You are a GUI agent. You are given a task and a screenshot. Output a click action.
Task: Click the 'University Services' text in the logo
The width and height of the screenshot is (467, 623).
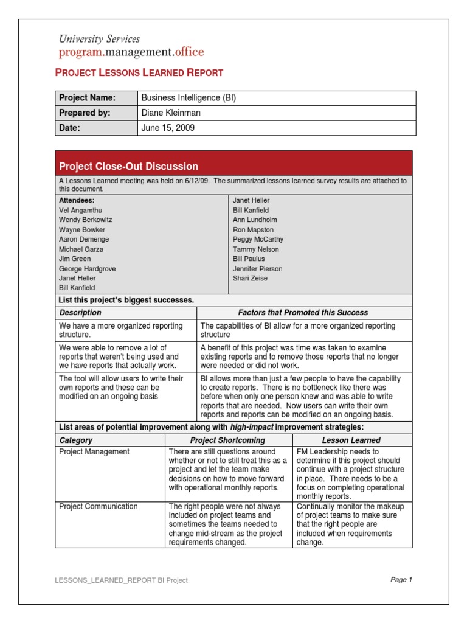pyautogui.click(x=99, y=39)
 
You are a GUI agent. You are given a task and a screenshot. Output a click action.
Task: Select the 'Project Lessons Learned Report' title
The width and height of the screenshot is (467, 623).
pyautogui.click(x=139, y=72)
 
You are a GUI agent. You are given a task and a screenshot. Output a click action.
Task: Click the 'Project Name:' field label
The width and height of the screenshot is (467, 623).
pyautogui.click(x=87, y=98)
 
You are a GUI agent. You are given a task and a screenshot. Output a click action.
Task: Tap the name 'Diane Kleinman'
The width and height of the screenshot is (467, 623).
pyautogui.click(x=170, y=113)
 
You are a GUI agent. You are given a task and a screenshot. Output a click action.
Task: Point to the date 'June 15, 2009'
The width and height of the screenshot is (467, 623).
pyautogui.click(x=168, y=128)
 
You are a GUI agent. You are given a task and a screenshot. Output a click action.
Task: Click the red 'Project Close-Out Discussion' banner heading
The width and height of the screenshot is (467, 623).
pyautogui.click(x=128, y=166)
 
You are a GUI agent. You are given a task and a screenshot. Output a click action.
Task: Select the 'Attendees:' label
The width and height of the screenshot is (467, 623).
pyautogui.click(x=77, y=200)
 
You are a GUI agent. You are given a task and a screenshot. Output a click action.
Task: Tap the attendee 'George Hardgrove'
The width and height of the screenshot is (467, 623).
pyautogui.click(x=87, y=268)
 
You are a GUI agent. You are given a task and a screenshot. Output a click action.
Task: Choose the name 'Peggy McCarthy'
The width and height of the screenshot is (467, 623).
pyautogui.click(x=258, y=239)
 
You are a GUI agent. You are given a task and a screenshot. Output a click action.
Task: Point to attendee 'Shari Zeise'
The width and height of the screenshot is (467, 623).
pyautogui.click(x=250, y=278)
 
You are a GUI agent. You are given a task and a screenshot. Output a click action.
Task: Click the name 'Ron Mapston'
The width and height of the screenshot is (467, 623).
pyautogui.click(x=253, y=230)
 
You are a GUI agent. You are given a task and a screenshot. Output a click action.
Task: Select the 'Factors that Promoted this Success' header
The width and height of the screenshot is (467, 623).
pyautogui.click(x=303, y=313)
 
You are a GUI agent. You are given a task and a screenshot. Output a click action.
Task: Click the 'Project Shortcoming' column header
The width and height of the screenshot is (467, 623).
pyautogui.click(x=227, y=440)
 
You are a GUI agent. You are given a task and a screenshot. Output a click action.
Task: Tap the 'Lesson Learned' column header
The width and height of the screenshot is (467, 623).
pyautogui.click(x=351, y=440)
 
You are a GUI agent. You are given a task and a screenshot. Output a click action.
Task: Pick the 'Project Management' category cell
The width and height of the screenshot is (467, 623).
pyautogui.click(x=94, y=452)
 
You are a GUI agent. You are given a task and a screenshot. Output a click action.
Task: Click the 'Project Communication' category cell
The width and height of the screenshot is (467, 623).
pyautogui.click(x=98, y=507)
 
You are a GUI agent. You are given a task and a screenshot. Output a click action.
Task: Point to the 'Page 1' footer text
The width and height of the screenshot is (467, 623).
pyautogui.click(x=401, y=580)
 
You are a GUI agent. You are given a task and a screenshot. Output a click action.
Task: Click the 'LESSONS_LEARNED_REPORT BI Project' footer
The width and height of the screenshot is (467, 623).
pyautogui.click(x=121, y=580)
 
